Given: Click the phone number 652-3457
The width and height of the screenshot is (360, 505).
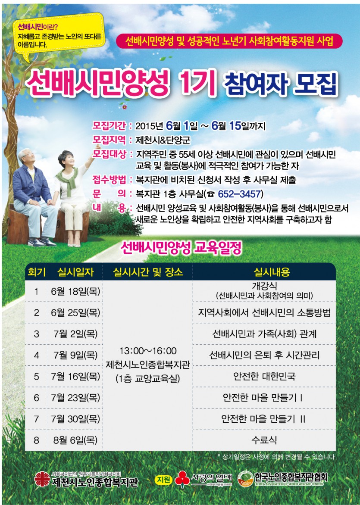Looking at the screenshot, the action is pyautogui.click(x=239, y=194).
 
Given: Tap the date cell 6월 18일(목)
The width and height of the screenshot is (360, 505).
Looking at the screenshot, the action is pyautogui.click(x=75, y=291).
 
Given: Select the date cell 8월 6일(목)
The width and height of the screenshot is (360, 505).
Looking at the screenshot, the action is pyautogui.click(x=75, y=440).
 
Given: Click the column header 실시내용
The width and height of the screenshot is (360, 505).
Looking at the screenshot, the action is pyautogui.click(x=271, y=272).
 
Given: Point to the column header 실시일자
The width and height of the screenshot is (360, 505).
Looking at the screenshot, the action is pyautogui.click(x=75, y=272).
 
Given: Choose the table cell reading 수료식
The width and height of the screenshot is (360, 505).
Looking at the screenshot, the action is pyautogui.click(x=264, y=440).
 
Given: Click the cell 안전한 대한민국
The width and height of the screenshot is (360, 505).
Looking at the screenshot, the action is pyautogui.click(x=264, y=376).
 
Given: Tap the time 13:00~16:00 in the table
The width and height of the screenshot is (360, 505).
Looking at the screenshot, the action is pyautogui.click(x=148, y=351).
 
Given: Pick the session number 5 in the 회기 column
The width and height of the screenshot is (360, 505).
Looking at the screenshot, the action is pyautogui.click(x=36, y=377).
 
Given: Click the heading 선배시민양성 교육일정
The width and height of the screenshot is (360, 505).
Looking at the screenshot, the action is pyautogui.click(x=181, y=248).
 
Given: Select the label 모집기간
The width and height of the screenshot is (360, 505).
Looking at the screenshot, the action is pyautogui.click(x=109, y=125).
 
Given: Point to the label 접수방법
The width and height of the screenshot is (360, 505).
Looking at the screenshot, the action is pyautogui.click(x=109, y=179).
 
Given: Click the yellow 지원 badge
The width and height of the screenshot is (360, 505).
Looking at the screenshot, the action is pyautogui.click(x=163, y=479).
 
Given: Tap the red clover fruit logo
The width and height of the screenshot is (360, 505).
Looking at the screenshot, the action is pyautogui.click(x=182, y=479).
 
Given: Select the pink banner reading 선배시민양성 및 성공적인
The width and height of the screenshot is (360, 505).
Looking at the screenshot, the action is pyautogui.click(x=229, y=41).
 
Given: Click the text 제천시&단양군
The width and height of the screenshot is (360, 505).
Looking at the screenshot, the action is pyautogui.click(x=163, y=140).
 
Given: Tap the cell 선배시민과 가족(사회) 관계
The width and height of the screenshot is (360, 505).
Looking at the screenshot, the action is pyautogui.click(x=264, y=334).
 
